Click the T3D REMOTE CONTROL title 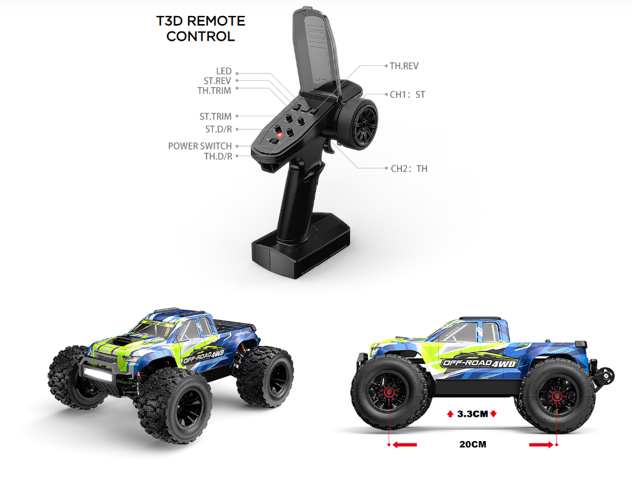200,28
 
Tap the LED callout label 224,72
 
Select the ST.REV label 217,81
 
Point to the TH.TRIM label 214,91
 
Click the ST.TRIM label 215,116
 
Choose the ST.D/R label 218,129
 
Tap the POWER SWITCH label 200,146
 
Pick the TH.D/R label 218,156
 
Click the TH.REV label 404,65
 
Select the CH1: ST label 408,95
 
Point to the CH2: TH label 409,168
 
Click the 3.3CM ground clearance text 472,414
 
